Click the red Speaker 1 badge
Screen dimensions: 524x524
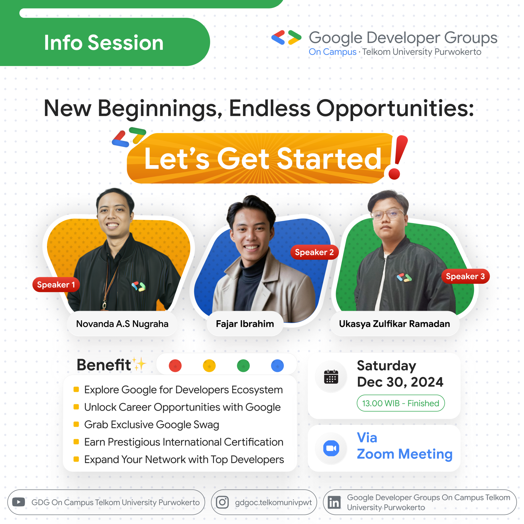(x=56, y=285)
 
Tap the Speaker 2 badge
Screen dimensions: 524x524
(x=314, y=252)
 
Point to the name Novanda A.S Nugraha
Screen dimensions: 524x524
(x=122, y=324)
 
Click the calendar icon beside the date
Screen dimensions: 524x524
(x=331, y=377)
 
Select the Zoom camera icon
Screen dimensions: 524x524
(x=331, y=448)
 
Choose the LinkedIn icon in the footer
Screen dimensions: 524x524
(x=334, y=502)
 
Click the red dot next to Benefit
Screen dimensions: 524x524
(x=175, y=366)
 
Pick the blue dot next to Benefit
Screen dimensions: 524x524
(x=277, y=366)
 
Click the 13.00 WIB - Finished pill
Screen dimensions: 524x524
(x=400, y=403)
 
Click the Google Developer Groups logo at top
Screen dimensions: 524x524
(x=286, y=37)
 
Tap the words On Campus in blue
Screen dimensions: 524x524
(x=332, y=52)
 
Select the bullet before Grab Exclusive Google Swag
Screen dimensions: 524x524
(x=76, y=424)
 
